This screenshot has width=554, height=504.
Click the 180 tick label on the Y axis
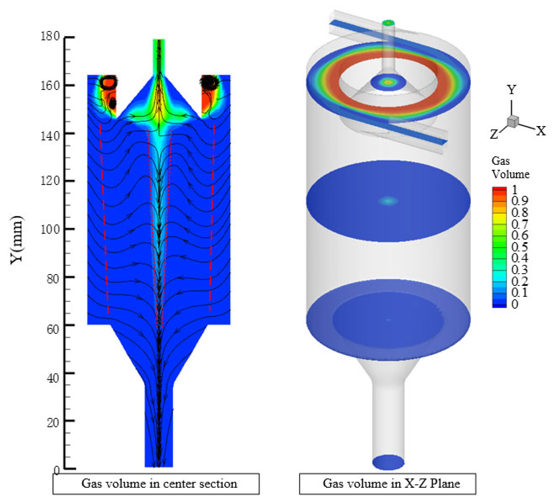click(x=50, y=36)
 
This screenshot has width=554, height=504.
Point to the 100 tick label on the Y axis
click(x=50, y=229)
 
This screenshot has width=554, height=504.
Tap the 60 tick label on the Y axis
click(x=53, y=329)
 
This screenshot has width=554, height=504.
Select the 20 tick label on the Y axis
click(x=53, y=422)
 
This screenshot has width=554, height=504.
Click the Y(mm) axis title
click(x=17, y=240)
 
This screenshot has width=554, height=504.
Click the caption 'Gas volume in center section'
click(x=159, y=483)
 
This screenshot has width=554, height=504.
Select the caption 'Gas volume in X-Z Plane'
click(x=391, y=483)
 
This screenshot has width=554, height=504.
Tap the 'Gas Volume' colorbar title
click(x=510, y=168)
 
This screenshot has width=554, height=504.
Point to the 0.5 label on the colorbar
click(x=519, y=247)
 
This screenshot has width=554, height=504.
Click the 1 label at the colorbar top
click(x=515, y=190)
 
